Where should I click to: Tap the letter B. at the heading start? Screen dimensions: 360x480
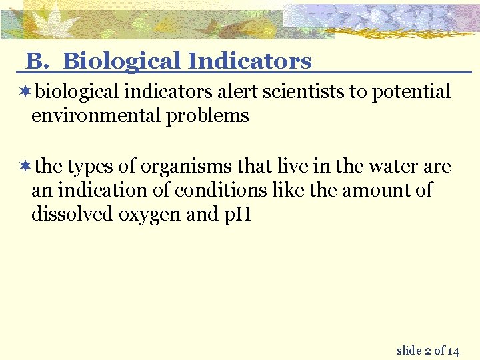tap(37, 61)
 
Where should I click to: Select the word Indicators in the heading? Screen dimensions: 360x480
tap(249, 61)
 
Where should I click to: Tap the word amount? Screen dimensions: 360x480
tap(375, 191)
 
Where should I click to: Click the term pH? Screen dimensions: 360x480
tap(237, 215)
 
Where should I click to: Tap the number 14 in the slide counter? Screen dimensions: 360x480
tap(453, 351)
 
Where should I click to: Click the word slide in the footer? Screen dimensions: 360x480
tap(409, 350)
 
